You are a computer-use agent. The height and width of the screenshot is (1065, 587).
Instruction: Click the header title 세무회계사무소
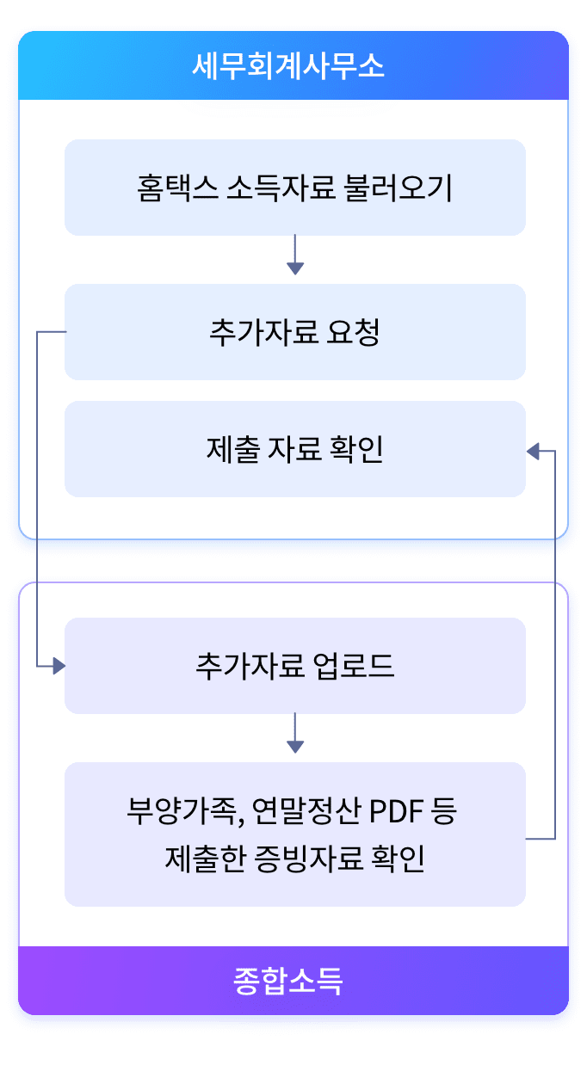[288, 66]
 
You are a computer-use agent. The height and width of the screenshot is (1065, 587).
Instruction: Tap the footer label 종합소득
[288, 981]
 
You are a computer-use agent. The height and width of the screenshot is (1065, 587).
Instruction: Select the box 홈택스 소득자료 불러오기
[295, 188]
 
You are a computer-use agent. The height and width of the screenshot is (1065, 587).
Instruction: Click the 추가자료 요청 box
[295, 332]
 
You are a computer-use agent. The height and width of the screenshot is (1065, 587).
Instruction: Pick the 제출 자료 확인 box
[295, 449]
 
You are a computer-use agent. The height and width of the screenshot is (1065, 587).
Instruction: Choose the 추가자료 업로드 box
[295, 666]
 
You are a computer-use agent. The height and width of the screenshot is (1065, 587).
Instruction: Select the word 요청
[354, 332]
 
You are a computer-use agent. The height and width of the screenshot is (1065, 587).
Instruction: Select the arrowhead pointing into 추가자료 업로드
[59, 666]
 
